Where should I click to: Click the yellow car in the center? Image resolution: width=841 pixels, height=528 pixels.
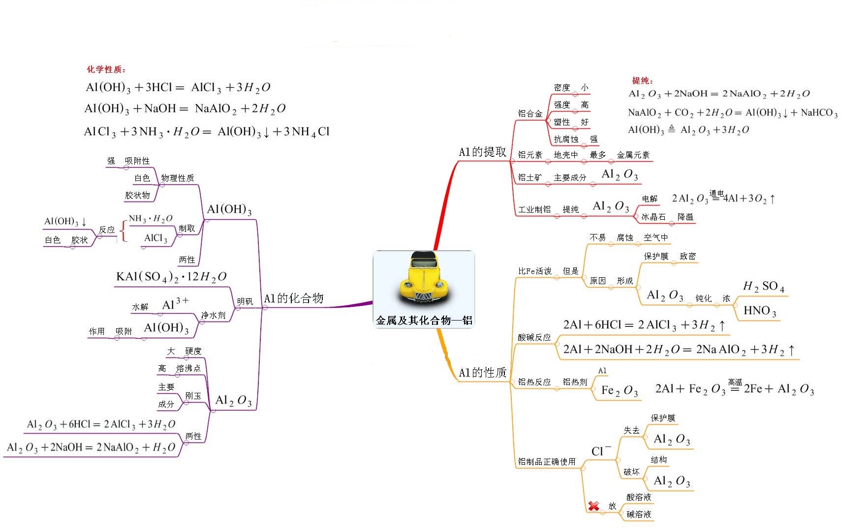[x=424, y=278]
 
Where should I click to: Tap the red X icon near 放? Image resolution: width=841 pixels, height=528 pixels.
[x=593, y=505]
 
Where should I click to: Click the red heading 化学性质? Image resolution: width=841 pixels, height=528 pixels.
[x=106, y=69]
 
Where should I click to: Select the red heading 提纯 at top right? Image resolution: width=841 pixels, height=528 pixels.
[x=642, y=80]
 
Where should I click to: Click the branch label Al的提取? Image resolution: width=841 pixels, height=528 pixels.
[x=482, y=152]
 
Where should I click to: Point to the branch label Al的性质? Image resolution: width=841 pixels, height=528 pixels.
[x=482, y=373]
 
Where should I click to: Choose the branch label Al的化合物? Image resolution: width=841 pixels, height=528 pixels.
[x=293, y=298]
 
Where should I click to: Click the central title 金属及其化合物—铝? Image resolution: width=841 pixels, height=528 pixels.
[x=424, y=321]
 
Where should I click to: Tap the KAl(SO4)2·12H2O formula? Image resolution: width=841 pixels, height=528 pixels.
[x=171, y=277]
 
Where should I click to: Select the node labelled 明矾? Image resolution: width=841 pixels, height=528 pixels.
[x=245, y=301]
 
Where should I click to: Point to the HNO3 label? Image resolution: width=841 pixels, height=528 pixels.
[x=760, y=311]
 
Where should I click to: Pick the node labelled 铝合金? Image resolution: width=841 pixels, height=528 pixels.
[x=530, y=114]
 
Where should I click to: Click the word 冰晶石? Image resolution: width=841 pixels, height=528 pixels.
[x=653, y=217]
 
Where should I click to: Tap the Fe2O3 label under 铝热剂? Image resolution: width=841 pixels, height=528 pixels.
[x=619, y=391]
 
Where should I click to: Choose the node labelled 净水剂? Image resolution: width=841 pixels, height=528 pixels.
[x=213, y=316]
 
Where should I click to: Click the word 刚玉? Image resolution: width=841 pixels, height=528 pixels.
[x=193, y=396]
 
